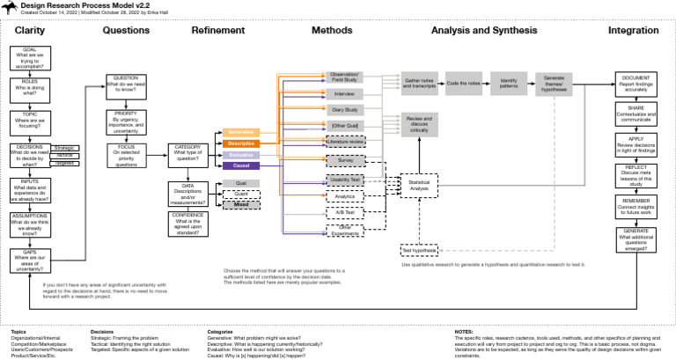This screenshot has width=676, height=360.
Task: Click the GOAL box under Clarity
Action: (x=29, y=58)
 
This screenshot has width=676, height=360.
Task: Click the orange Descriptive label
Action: (x=239, y=143)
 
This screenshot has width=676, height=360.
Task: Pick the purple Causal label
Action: (x=239, y=165)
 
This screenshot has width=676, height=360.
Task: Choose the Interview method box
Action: (x=344, y=93)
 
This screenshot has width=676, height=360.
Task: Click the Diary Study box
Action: (x=344, y=110)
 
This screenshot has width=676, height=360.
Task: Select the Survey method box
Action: (x=344, y=161)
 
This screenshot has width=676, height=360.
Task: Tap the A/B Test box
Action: (x=344, y=212)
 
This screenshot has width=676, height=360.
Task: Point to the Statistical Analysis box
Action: (x=419, y=185)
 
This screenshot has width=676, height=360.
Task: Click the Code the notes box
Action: (x=464, y=83)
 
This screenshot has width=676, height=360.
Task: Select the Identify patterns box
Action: (x=509, y=83)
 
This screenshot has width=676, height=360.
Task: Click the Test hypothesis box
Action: (x=419, y=249)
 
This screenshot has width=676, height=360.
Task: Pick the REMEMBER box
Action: (x=636, y=207)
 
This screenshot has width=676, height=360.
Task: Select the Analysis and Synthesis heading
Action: (x=484, y=31)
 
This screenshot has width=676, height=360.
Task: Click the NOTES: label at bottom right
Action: (x=466, y=332)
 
